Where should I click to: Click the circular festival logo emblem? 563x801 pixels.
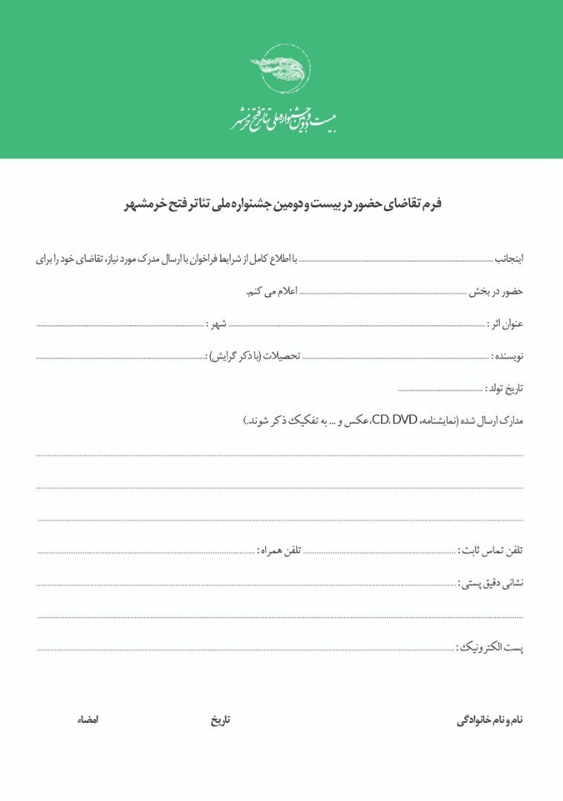[281, 68]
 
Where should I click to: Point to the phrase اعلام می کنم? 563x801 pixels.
[272, 292]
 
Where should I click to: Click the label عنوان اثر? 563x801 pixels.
[506, 324]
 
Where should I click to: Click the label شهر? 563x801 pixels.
[218, 324]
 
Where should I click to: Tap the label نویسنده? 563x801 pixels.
[507, 357]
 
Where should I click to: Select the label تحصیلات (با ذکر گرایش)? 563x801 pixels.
[253, 357]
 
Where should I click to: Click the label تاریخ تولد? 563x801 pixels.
[504, 388]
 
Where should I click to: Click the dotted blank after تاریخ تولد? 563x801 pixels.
[440, 389]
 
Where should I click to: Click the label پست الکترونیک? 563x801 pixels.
[489, 648]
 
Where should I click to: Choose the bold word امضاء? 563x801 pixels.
[88, 721]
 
